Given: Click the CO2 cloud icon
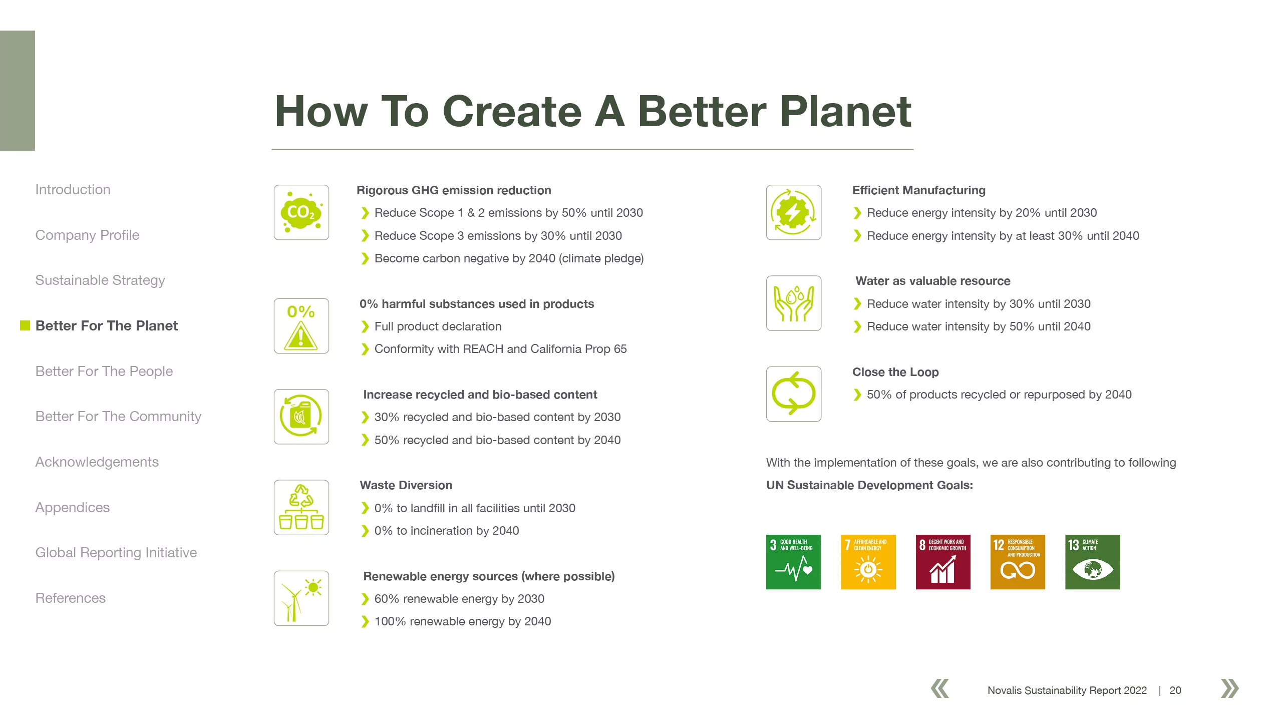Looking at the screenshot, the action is (x=301, y=212).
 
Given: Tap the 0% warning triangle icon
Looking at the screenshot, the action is (x=301, y=326).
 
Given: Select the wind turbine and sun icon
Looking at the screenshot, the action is (x=301, y=598).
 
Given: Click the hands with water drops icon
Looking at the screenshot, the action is (x=794, y=303).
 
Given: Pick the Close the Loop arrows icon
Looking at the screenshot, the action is (x=794, y=394).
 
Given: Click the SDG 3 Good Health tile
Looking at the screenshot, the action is (x=793, y=562).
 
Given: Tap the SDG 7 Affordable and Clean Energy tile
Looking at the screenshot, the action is (x=868, y=562).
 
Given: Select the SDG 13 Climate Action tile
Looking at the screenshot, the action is (x=1093, y=562).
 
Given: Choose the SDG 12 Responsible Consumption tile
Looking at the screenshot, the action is (x=1018, y=562).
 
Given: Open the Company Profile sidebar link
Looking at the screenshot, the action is (x=87, y=235).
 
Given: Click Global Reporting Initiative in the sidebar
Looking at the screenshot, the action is (x=116, y=553).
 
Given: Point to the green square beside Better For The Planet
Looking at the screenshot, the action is (x=25, y=326).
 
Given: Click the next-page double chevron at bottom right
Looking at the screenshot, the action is (x=1230, y=688).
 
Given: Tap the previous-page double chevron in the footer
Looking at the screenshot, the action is (x=940, y=688).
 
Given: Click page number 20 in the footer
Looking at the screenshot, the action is (x=1175, y=690).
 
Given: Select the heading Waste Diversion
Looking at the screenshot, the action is (x=406, y=485).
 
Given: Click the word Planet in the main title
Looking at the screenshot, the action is (x=846, y=112).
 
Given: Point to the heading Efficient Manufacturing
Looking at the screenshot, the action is (x=919, y=190).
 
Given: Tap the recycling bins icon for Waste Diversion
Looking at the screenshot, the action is (x=301, y=507).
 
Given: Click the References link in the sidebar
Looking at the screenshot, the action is (x=71, y=598).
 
